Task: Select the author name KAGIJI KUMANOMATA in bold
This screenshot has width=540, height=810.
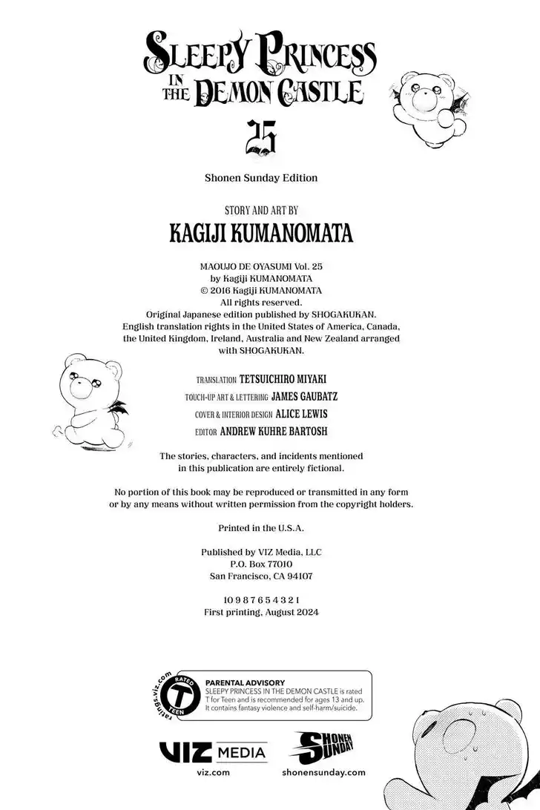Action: pyautogui.click(x=261, y=234)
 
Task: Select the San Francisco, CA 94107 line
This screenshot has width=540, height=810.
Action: pyautogui.click(x=261, y=576)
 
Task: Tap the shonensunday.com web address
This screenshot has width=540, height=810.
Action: pyautogui.click(x=324, y=772)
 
